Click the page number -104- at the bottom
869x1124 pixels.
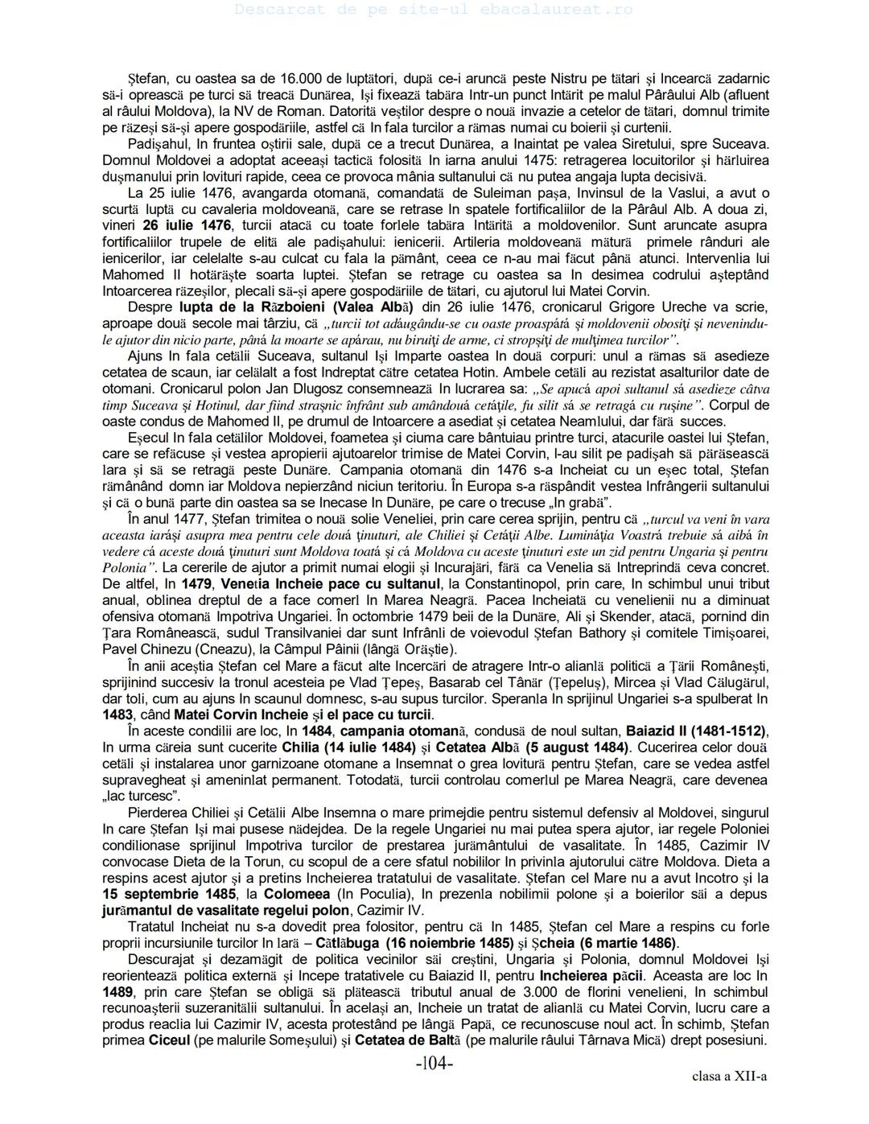(434, 1063)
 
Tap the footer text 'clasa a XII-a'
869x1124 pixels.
(729, 1077)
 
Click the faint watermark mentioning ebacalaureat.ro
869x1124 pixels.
(434, 10)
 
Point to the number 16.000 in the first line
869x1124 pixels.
(301, 79)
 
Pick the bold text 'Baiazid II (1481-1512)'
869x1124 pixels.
(696, 731)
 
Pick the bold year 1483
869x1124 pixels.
(117, 714)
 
